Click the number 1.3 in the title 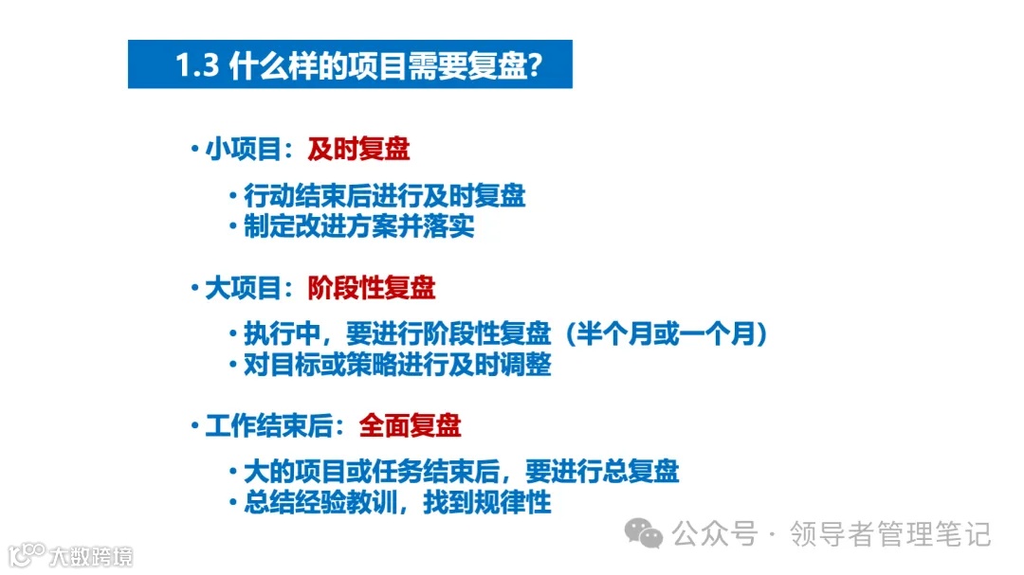[x=197, y=65]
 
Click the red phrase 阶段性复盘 [x=372, y=288]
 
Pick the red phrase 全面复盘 [x=410, y=425]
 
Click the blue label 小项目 [x=244, y=150]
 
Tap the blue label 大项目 [x=244, y=288]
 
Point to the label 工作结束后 [x=269, y=425]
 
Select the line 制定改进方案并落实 [x=358, y=226]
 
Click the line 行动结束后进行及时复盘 [x=384, y=196]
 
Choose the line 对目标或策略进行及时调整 [x=397, y=365]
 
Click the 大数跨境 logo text [x=92, y=555]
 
